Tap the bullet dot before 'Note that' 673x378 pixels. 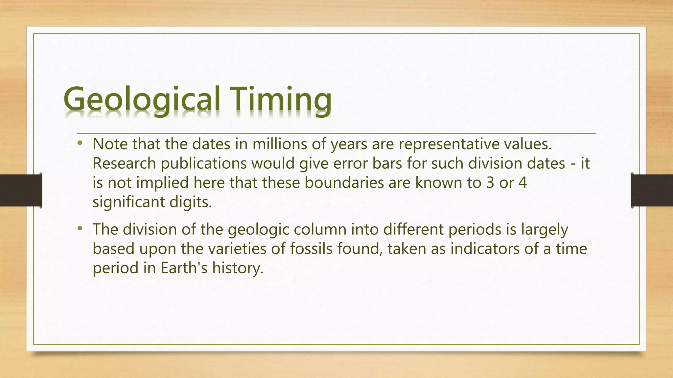click(80, 143)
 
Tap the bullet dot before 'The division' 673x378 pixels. click(80, 228)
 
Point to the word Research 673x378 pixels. click(124, 163)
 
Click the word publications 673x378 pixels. click(203, 163)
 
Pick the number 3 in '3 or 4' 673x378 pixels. click(490, 183)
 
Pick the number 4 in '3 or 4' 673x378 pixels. click(522, 183)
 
